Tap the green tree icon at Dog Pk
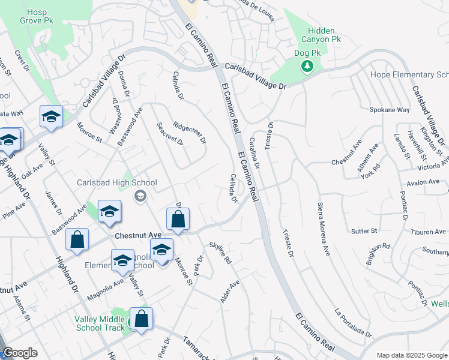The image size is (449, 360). [x=307, y=65]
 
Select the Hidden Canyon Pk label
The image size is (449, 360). [x=324, y=35]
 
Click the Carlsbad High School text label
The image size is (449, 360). [x=116, y=182]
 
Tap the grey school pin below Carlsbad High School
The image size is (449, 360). [x=140, y=195]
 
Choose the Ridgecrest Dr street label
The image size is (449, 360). [x=189, y=134]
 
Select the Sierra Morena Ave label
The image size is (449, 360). [x=324, y=223]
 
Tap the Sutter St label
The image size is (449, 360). [x=364, y=230]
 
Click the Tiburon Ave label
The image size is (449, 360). [x=428, y=232]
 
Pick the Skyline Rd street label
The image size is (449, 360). [x=220, y=253]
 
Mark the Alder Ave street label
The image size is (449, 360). [x=230, y=291]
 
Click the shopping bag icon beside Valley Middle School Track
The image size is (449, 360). [x=141, y=319]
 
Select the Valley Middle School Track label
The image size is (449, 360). [x=100, y=323]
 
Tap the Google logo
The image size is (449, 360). [x=20, y=353]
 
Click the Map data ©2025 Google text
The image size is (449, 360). [x=412, y=355]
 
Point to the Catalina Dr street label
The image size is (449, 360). [x=254, y=152]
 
